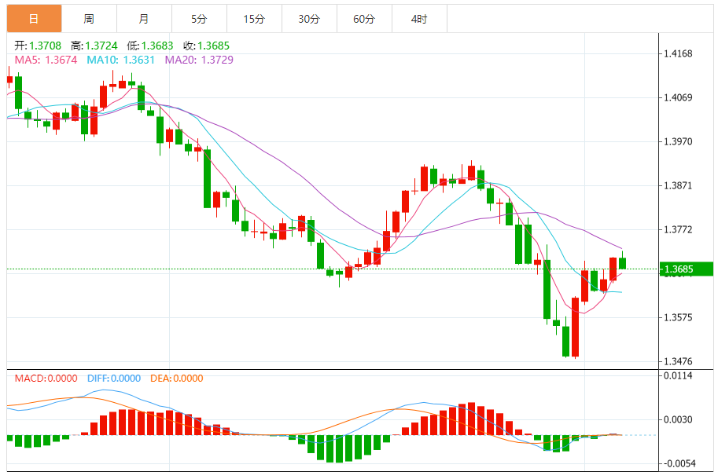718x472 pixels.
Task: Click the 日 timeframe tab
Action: click(34, 18)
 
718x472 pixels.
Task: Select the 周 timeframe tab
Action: click(89, 18)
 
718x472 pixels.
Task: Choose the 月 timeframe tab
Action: click(143, 18)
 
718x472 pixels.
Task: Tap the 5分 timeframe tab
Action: click(199, 18)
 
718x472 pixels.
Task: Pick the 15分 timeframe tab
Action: click(254, 18)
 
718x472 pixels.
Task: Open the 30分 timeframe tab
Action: click(309, 18)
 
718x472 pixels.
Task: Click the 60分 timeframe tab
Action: click(364, 18)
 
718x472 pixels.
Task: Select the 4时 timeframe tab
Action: click(419, 18)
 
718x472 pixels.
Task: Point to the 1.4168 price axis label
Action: click(677, 54)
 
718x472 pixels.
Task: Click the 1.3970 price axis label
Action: click(677, 142)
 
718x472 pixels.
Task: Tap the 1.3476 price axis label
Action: click(677, 362)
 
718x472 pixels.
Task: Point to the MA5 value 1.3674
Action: click(61, 60)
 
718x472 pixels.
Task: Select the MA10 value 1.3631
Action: click(138, 60)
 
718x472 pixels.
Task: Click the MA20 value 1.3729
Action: click(216, 60)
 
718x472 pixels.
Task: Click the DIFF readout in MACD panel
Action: click(111, 379)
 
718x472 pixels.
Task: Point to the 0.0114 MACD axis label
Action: click(677, 375)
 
